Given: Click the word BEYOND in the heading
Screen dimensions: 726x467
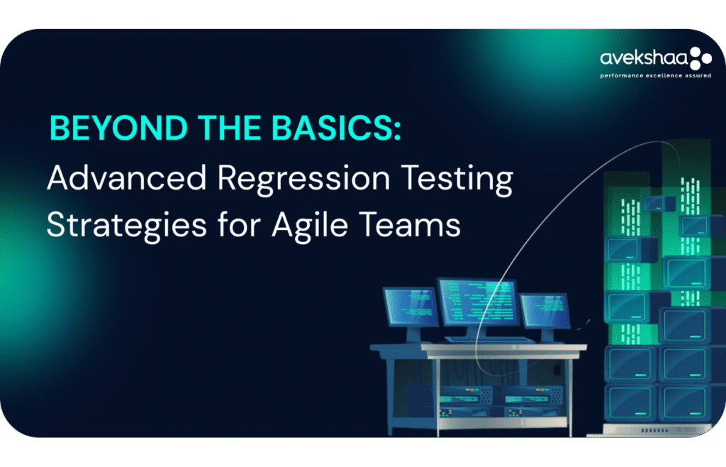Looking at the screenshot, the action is [x=118, y=128].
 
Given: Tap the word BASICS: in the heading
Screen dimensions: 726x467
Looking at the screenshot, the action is [x=336, y=128].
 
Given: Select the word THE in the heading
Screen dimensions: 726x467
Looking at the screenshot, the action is [x=229, y=128].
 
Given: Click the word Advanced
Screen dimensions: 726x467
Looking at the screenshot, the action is [x=127, y=177].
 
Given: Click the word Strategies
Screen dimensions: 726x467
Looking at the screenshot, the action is [x=127, y=226].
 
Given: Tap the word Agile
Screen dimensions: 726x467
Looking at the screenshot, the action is [x=311, y=226].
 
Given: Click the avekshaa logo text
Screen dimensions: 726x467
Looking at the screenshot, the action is [x=644, y=58].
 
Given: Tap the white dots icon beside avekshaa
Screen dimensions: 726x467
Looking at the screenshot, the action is [x=700, y=58].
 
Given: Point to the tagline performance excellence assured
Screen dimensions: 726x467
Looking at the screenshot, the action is [x=656, y=75].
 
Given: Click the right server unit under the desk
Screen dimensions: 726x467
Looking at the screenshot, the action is [x=532, y=400].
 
